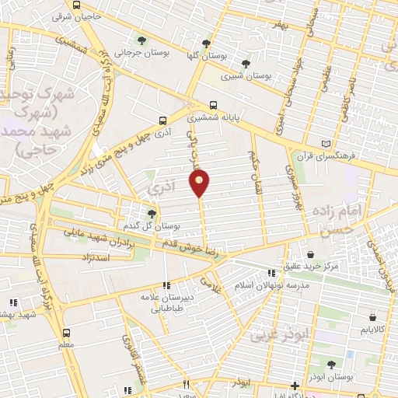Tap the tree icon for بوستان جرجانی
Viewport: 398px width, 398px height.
click(x=141, y=40)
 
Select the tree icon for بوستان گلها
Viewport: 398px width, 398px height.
click(x=206, y=44)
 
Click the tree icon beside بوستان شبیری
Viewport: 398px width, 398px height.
click(x=246, y=63)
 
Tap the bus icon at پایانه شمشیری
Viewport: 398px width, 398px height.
click(x=213, y=105)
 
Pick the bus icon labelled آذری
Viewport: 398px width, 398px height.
click(x=162, y=120)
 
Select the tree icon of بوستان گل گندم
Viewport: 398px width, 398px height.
click(x=152, y=212)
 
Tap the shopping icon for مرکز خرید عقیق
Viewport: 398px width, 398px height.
click(x=311, y=253)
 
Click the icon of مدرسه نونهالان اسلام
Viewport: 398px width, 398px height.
click(x=271, y=273)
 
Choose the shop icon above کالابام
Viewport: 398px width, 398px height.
click(x=374, y=317)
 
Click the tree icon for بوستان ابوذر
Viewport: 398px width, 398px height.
click(x=332, y=363)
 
